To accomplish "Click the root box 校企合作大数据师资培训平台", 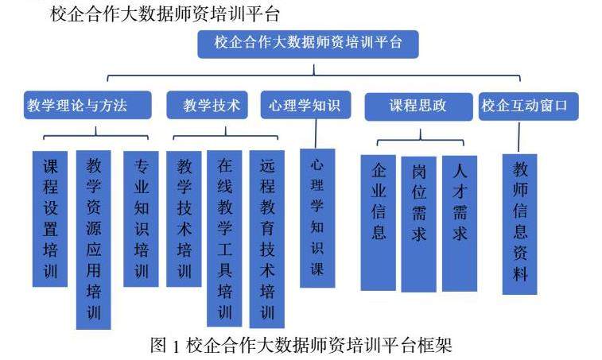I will click(x=309, y=44).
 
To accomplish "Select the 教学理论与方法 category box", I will click(x=76, y=105).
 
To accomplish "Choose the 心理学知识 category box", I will click(x=304, y=105).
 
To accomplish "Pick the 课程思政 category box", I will click(x=418, y=105).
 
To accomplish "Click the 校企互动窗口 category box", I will click(x=529, y=105).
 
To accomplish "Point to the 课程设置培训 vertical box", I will click(x=50, y=218).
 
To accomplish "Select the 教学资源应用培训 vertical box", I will click(x=93, y=238).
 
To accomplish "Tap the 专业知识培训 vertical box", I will click(x=141, y=218).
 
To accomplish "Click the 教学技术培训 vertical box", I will click(x=184, y=218).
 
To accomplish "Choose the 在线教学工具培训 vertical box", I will click(x=224, y=238).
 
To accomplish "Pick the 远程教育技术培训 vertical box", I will click(x=266, y=238).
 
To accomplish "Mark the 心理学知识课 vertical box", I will click(x=317, y=218).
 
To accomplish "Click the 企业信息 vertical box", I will click(x=378, y=223).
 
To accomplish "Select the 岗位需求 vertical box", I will click(x=419, y=223).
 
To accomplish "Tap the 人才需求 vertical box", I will click(x=460, y=223).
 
